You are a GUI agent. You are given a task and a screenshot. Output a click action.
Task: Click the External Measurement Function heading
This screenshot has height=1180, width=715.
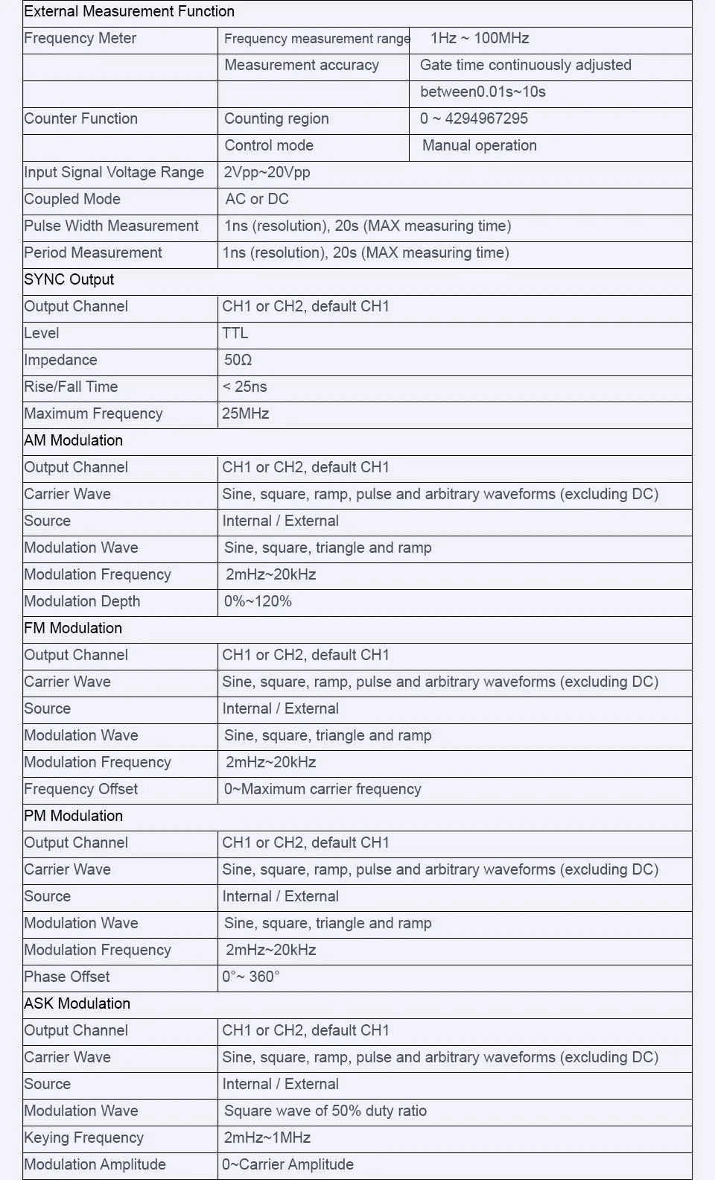point(129,12)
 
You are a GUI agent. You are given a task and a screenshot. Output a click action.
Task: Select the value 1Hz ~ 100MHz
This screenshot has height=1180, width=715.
point(480,39)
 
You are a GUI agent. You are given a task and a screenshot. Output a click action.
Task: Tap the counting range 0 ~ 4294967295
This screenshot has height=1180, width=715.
point(474,119)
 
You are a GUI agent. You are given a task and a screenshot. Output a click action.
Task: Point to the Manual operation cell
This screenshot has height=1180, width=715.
point(479,146)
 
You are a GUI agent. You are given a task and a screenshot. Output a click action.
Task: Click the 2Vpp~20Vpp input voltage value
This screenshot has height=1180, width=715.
point(267,173)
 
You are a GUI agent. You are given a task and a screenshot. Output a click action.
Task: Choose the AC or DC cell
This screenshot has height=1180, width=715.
point(257,200)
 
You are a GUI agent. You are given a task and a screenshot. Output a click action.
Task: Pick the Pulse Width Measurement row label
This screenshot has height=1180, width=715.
point(111,226)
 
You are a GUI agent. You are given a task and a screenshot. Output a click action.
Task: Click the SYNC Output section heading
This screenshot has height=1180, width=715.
point(69,280)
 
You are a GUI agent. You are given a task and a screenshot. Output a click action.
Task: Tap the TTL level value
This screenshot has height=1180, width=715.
point(235,334)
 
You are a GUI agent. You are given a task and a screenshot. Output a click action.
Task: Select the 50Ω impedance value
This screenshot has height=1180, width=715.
point(238,361)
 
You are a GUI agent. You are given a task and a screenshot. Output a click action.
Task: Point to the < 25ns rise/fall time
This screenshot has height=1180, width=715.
point(244,387)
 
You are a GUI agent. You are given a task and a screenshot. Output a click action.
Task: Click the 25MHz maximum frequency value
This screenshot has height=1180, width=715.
point(245,414)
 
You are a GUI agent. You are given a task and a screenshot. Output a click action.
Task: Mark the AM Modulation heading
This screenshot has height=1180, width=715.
point(73,441)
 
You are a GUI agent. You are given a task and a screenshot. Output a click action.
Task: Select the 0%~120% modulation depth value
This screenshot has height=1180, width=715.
point(258,602)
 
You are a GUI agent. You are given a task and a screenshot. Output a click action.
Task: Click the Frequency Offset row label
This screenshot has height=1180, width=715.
point(80,790)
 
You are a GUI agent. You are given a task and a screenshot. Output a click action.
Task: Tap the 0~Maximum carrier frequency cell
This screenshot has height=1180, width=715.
point(322,790)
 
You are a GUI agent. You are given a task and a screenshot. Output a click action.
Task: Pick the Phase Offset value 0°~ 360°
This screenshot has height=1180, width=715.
point(251,977)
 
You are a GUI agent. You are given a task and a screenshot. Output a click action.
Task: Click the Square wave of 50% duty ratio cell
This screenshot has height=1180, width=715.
point(325,1111)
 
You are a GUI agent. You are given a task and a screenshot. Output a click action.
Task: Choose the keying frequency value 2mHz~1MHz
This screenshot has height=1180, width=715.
point(267,1138)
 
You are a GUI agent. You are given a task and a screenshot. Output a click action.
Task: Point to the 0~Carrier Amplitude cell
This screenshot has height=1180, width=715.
point(287,1165)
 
